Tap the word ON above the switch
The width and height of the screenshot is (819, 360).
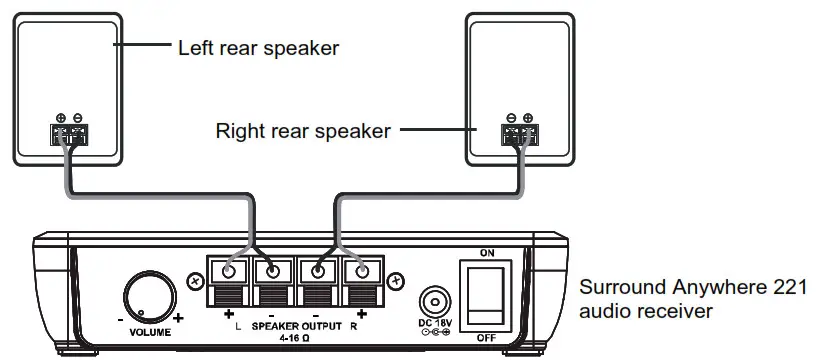487,253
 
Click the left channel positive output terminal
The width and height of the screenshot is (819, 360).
230,270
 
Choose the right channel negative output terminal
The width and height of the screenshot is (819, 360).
319,270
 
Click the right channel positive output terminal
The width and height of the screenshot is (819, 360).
362,270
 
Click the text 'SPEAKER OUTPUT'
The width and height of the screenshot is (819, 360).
295,327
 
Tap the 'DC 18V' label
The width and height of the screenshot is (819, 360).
436,322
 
